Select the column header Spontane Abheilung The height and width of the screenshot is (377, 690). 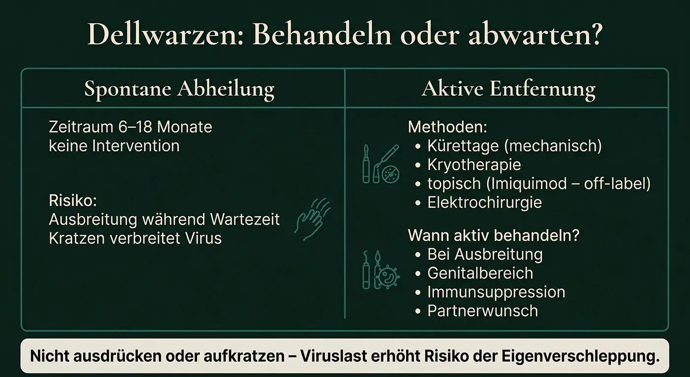click(179, 89)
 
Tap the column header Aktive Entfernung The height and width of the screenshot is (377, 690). click(508, 89)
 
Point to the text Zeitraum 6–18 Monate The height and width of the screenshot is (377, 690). click(131, 127)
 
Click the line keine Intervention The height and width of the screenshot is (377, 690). click(114, 146)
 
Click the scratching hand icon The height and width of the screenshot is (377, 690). click(311, 220)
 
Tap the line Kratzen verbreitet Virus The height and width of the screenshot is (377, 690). click(135, 238)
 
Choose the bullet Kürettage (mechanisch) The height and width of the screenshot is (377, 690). click(514, 146)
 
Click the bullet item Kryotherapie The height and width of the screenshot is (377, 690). click(474, 165)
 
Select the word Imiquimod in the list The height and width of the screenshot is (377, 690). click(530, 184)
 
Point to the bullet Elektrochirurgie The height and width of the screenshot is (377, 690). click(484, 202)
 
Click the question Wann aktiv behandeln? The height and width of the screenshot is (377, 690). click(493, 235)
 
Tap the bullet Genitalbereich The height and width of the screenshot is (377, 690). click(480, 273)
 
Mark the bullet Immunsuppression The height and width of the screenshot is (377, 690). click(496, 292)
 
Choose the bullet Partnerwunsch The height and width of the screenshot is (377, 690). click(482, 310)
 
